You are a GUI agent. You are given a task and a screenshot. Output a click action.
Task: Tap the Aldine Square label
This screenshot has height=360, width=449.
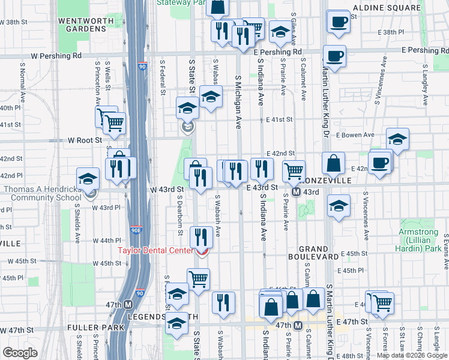(387, 8)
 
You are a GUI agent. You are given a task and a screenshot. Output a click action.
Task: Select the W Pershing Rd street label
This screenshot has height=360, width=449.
(56, 56)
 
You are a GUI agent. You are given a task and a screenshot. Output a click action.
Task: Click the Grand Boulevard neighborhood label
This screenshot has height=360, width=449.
(313, 253)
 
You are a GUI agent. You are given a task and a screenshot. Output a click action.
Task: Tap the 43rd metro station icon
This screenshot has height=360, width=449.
(296, 192)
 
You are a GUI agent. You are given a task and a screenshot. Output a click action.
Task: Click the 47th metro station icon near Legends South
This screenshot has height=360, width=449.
(128, 305)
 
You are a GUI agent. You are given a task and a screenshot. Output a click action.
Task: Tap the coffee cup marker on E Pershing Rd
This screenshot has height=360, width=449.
(334, 57)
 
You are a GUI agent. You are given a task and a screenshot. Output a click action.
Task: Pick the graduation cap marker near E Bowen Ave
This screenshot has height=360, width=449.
(397, 139)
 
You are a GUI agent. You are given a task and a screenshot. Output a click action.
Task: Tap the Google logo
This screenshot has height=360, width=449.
(20, 353)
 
